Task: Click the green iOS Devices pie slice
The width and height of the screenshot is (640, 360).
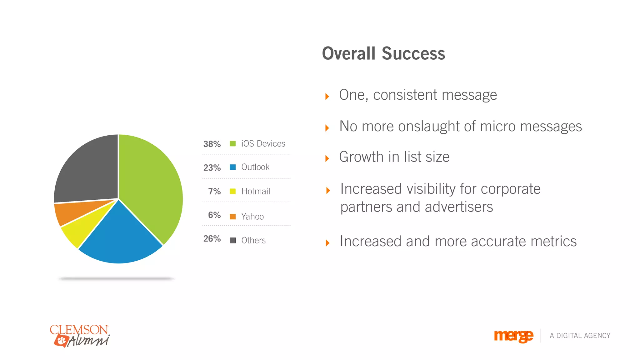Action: pyautogui.click(x=150, y=184)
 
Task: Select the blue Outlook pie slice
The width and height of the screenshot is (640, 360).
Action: pyautogui.click(x=120, y=237)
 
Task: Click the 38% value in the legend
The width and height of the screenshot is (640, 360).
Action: pyautogui.click(x=212, y=144)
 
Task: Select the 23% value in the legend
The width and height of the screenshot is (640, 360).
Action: pyautogui.click(x=212, y=168)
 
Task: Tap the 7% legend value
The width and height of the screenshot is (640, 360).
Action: pyautogui.click(x=214, y=191)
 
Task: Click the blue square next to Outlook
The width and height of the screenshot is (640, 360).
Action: pyautogui.click(x=232, y=167)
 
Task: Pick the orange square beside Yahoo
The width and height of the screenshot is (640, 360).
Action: pyautogui.click(x=232, y=217)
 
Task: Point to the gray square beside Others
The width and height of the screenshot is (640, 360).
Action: pyautogui.click(x=232, y=240)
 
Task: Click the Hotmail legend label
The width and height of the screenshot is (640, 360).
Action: pyautogui.click(x=256, y=191)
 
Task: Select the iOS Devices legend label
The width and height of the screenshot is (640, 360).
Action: pyautogui.click(x=263, y=144)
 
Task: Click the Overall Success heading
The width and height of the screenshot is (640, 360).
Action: pyautogui.click(x=383, y=53)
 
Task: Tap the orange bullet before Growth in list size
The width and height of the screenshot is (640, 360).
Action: pyautogui.click(x=327, y=158)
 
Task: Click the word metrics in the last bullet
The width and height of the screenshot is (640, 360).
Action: pyautogui.click(x=553, y=242)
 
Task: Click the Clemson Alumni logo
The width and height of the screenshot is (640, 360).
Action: pyautogui.click(x=80, y=336)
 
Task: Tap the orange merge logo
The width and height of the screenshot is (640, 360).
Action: pyautogui.click(x=513, y=336)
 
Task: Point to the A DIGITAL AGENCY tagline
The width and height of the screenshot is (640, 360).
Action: pyautogui.click(x=580, y=336)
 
